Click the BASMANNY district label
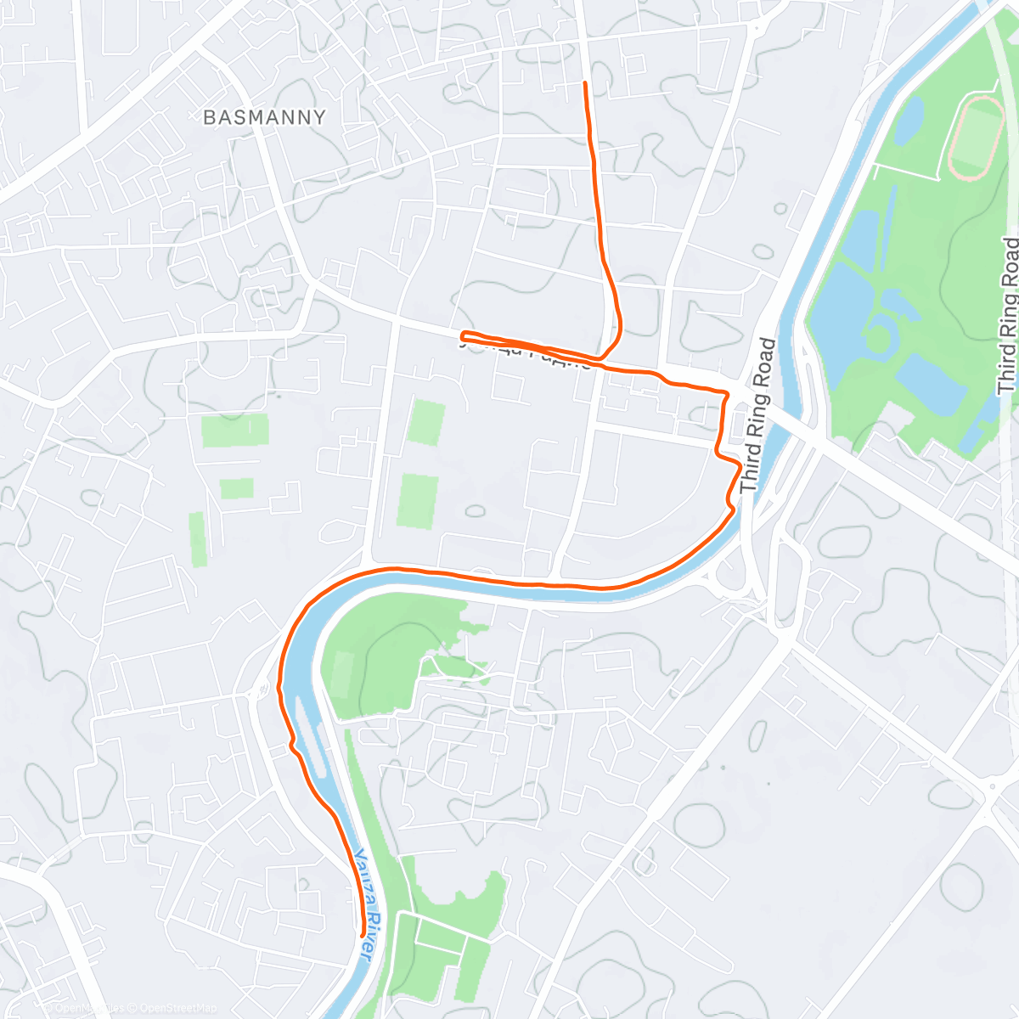pyautogui.click(x=264, y=117)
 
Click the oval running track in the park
pyautogui.click(x=976, y=137)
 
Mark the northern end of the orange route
pyautogui.click(x=585, y=83)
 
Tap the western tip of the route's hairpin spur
pyautogui.click(x=463, y=334)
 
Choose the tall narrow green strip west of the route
pyautogui.click(x=197, y=539)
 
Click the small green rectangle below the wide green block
pyautogui.click(x=236, y=488)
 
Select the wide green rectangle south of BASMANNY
pyautogui.click(x=234, y=431)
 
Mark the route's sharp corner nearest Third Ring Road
pyautogui.click(x=727, y=393)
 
